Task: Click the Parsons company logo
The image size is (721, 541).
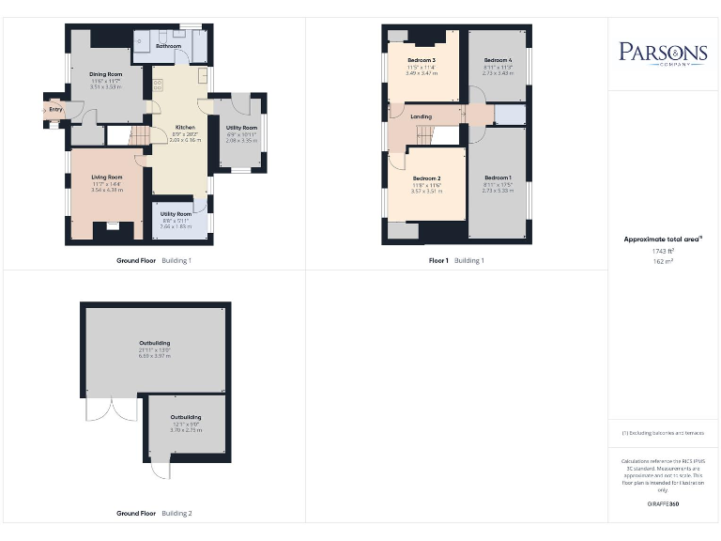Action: pyautogui.click(x=663, y=53)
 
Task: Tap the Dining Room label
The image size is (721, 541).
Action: pyautogui.click(x=105, y=73)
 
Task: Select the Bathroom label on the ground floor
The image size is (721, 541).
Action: pyautogui.click(x=168, y=46)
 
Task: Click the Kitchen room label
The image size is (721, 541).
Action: pyautogui.click(x=186, y=127)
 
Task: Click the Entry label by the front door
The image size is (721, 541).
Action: pyautogui.click(x=56, y=110)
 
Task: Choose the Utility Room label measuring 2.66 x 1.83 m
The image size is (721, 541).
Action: pyautogui.click(x=176, y=214)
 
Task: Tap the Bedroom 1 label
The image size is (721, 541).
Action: pyautogui.click(x=498, y=178)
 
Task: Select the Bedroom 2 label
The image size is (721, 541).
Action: pyautogui.click(x=426, y=178)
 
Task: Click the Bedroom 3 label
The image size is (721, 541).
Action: pyautogui.click(x=421, y=60)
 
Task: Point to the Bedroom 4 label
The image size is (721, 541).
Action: pyautogui.click(x=498, y=60)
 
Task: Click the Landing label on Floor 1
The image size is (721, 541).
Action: pyautogui.click(x=422, y=116)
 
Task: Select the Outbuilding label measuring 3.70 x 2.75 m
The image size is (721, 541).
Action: pyautogui.click(x=185, y=417)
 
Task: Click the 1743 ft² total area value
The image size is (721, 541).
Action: pyautogui.click(x=663, y=253)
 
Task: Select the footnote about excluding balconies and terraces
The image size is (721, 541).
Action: pyautogui.click(x=663, y=432)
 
